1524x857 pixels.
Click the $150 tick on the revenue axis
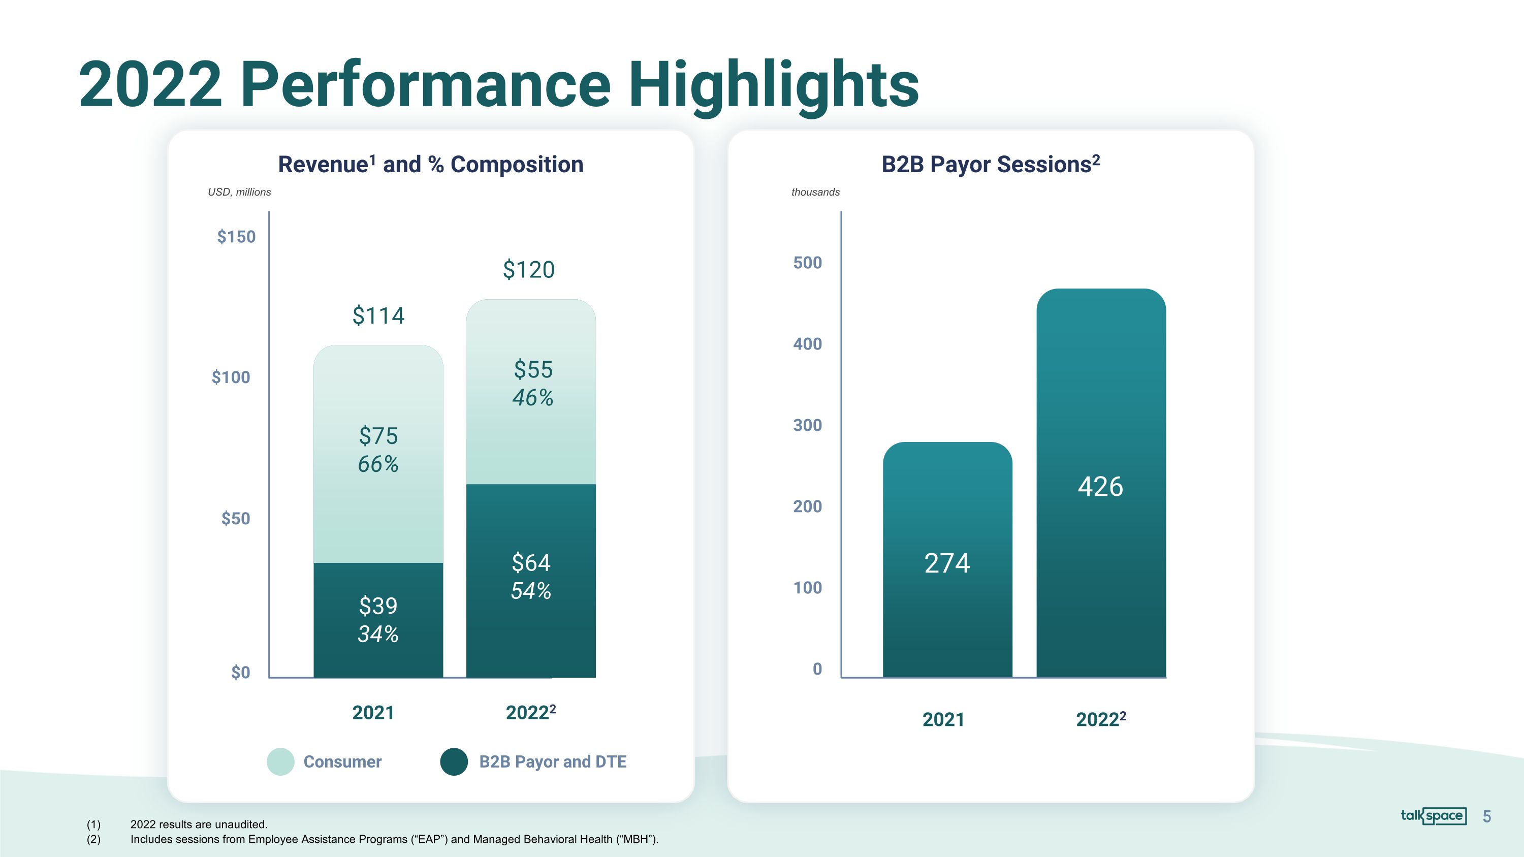[236, 237]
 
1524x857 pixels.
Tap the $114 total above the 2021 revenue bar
[378, 315]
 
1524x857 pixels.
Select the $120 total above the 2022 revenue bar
[528, 270]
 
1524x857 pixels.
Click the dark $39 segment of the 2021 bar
[378, 620]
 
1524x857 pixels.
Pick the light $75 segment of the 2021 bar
[378, 454]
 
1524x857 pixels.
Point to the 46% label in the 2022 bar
[532, 397]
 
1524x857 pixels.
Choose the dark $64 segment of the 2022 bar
[531, 580]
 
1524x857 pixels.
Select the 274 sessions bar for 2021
[947, 559]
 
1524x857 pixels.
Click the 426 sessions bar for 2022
[1101, 483]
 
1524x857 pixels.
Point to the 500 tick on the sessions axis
[807, 263]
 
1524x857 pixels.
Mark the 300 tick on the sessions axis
[807, 425]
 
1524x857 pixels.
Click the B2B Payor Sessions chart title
[991, 164]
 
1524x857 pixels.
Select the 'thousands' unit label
[815, 192]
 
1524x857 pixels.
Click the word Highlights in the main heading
[773, 85]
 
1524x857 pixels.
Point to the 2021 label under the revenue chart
[373, 713]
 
